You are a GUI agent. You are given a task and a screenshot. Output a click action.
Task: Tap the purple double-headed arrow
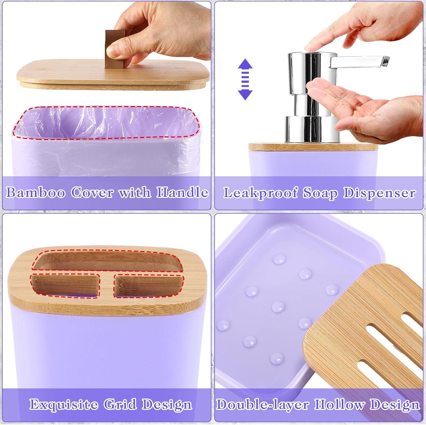[x=245, y=79]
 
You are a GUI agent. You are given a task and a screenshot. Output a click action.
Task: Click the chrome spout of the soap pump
[x=360, y=60]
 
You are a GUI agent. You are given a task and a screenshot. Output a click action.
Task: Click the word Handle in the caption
[x=182, y=192]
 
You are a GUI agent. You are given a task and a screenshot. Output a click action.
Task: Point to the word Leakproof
[x=261, y=193]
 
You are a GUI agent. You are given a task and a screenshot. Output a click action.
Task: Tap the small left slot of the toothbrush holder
[x=65, y=285]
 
